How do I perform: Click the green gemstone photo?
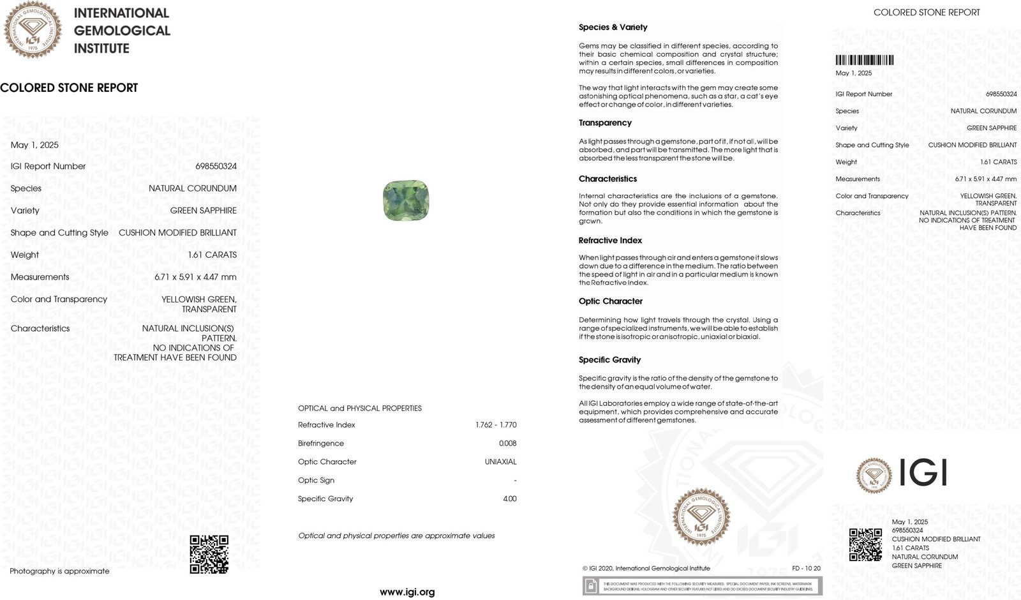(406, 200)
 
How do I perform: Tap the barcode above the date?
(864, 61)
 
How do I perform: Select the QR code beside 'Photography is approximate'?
(209, 554)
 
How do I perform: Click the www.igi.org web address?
(407, 592)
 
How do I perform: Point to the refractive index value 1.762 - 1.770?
(496, 424)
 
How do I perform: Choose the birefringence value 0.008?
(507, 443)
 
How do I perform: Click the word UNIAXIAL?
(500, 461)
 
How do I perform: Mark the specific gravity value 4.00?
(509, 499)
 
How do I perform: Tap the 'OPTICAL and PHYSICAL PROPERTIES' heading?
(359, 408)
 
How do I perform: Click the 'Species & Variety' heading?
(613, 27)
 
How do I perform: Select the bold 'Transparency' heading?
(605, 123)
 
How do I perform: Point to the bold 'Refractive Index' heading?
(610, 240)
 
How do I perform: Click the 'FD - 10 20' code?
(806, 568)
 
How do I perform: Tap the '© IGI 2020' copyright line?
(646, 568)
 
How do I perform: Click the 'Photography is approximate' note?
(59, 571)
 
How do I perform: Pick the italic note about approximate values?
(396, 536)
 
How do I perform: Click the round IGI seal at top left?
(33, 29)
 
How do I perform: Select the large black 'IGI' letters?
(923, 474)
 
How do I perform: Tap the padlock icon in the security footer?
(592, 585)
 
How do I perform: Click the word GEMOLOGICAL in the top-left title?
(122, 31)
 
